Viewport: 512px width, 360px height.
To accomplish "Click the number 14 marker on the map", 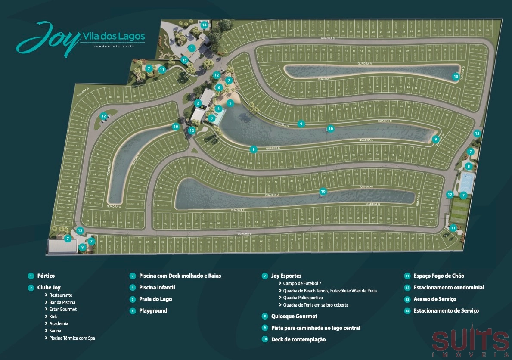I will click(204, 25).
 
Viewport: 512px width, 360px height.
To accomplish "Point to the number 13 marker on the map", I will click(184, 60).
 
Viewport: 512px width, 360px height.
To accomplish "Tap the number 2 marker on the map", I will click(198, 103).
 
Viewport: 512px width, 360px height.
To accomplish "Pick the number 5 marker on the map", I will click(230, 103).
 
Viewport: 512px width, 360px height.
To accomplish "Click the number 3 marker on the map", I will click(211, 118).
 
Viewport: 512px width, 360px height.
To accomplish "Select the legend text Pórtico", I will click(46, 276).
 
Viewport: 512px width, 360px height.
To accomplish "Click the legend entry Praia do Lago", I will click(155, 299).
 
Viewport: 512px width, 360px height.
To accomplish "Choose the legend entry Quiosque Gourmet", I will click(294, 316).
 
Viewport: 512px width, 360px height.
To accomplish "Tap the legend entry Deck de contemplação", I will click(298, 339).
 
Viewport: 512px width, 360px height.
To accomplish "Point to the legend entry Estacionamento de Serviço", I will click(446, 310).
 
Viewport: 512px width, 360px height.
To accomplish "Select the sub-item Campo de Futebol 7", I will click(302, 283).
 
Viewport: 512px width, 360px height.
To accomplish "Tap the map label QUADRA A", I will click(83, 92).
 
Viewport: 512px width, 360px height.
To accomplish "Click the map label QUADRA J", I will click(272, 195).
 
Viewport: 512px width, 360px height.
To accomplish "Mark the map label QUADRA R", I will click(364, 64).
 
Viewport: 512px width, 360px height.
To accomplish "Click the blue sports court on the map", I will click(466, 183).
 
